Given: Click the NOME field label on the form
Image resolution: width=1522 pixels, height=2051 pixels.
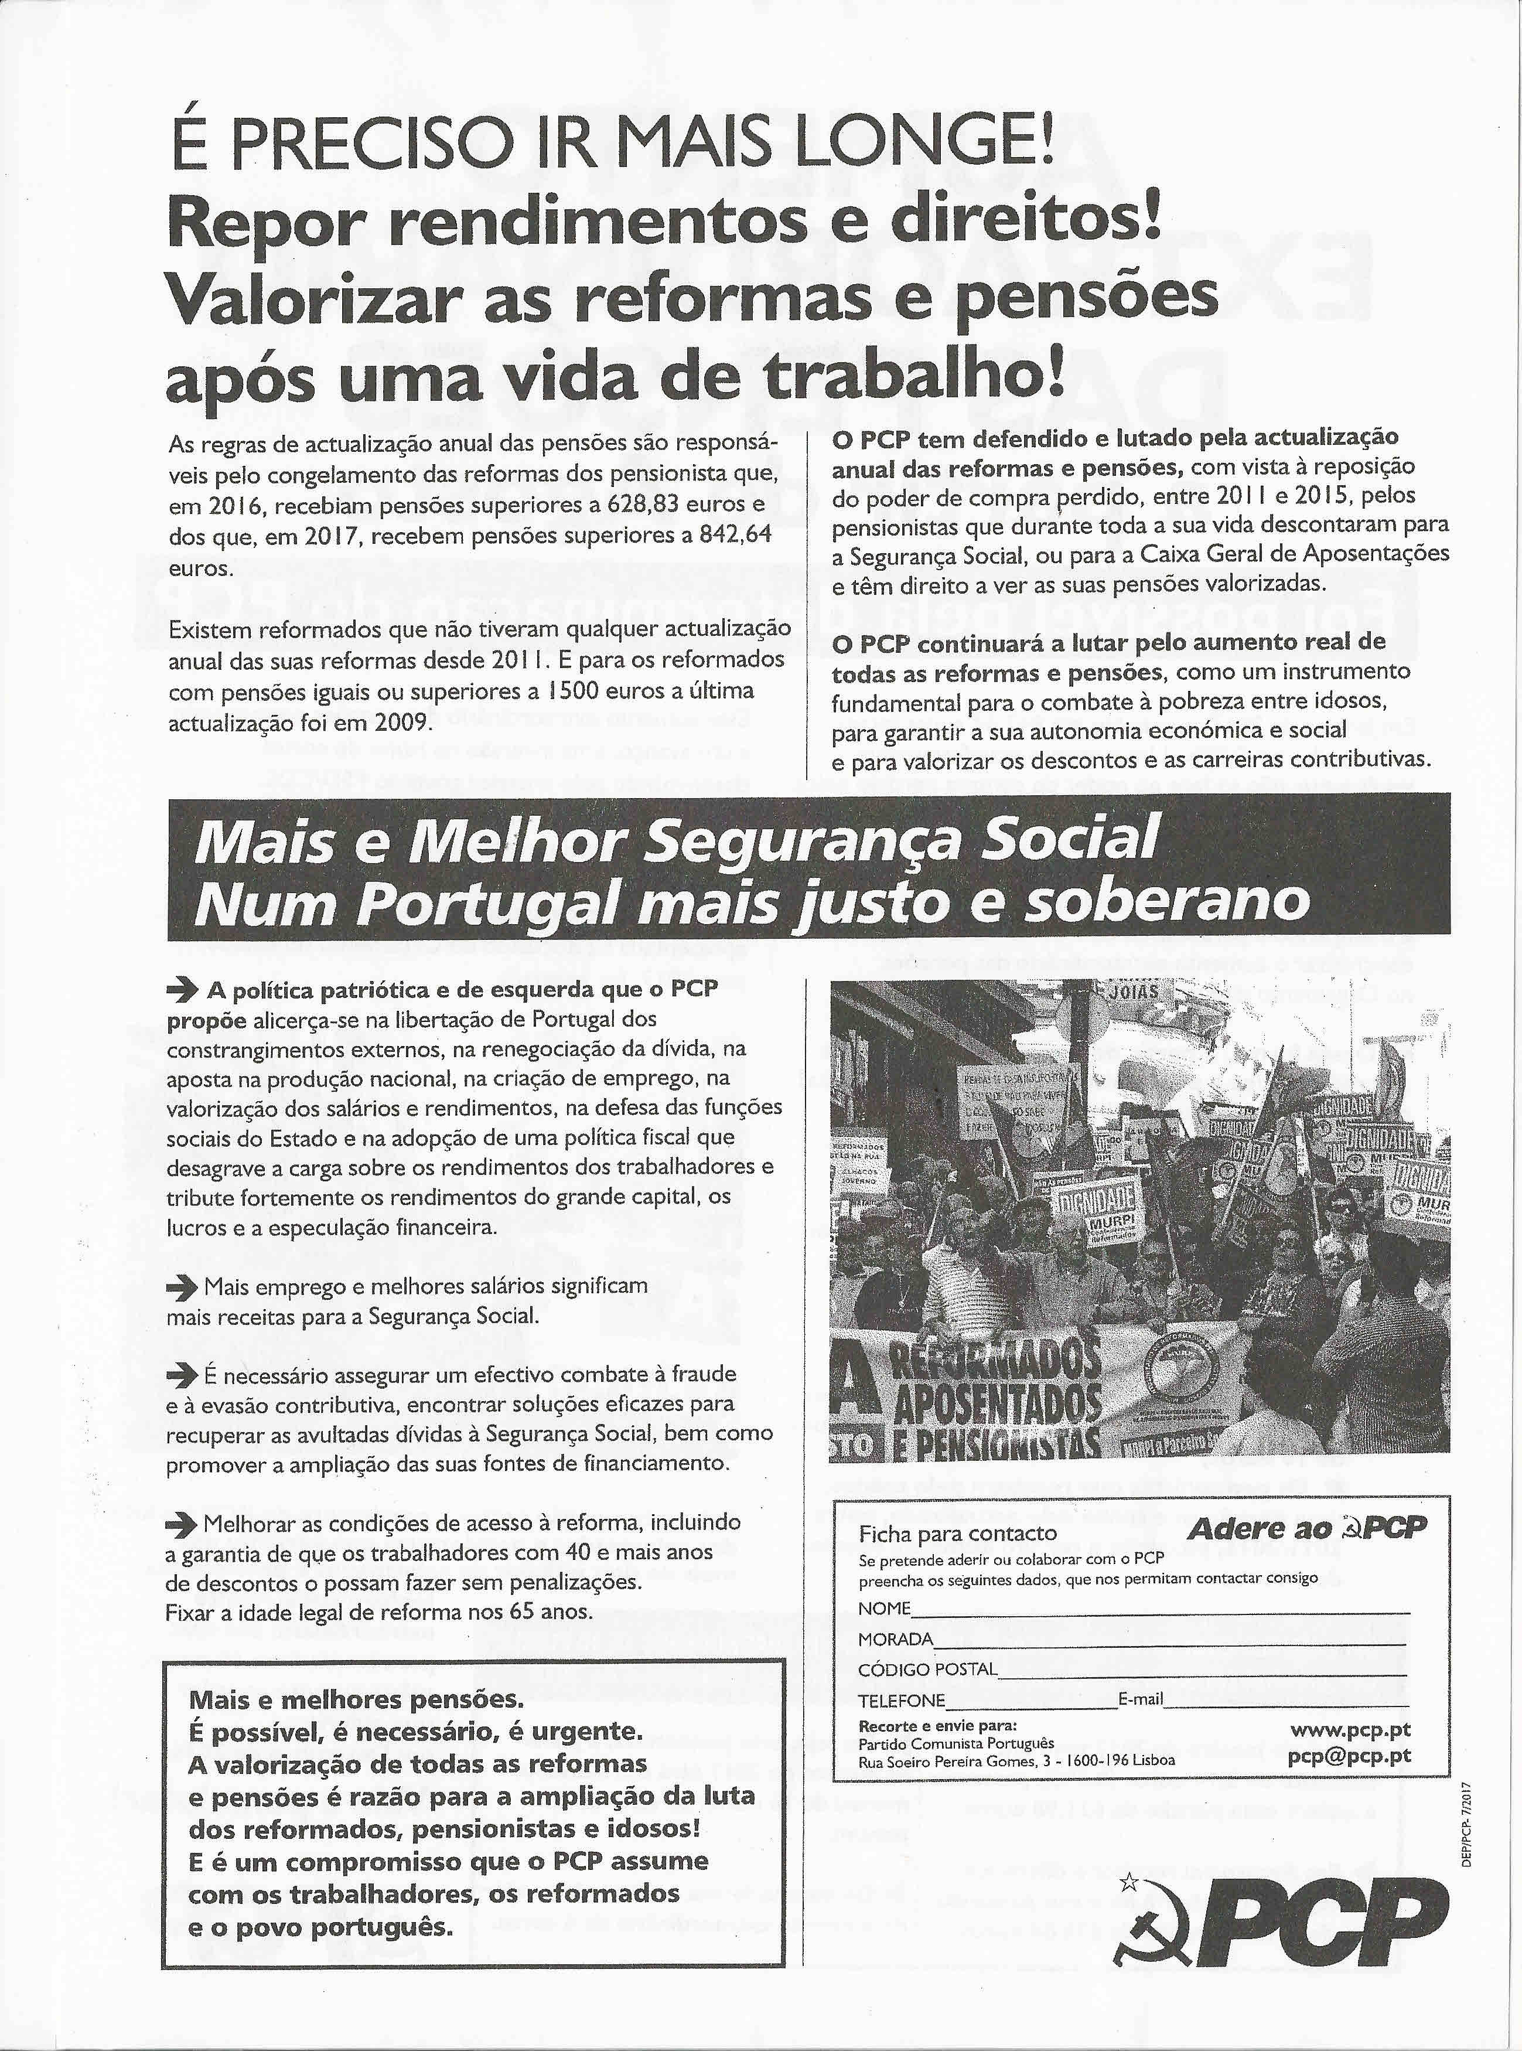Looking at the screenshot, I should pyautogui.click(x=885, y=1609).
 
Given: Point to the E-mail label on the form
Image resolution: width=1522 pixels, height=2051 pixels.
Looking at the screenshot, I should pyautogui.click(x=1141, y=1699).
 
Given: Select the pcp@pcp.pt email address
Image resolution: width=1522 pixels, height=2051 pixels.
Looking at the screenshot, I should pyautogui.click(x=1349, y=1757).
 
